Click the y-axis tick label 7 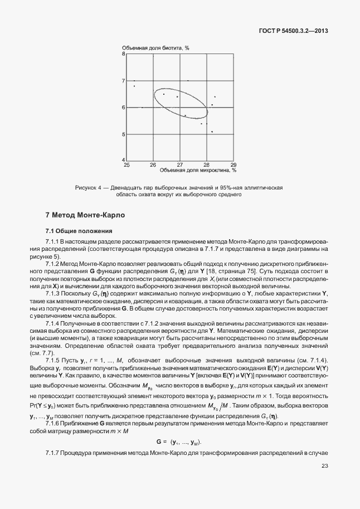point(124,81)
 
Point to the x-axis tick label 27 point(180,165)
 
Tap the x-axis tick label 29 point(233,165)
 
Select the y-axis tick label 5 point(124,134)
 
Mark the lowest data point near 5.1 point(212,132)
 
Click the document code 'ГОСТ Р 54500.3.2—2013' point(294,31)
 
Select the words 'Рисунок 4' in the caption point(87,188)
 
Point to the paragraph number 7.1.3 point(54,293)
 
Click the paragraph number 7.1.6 point(54,424)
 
